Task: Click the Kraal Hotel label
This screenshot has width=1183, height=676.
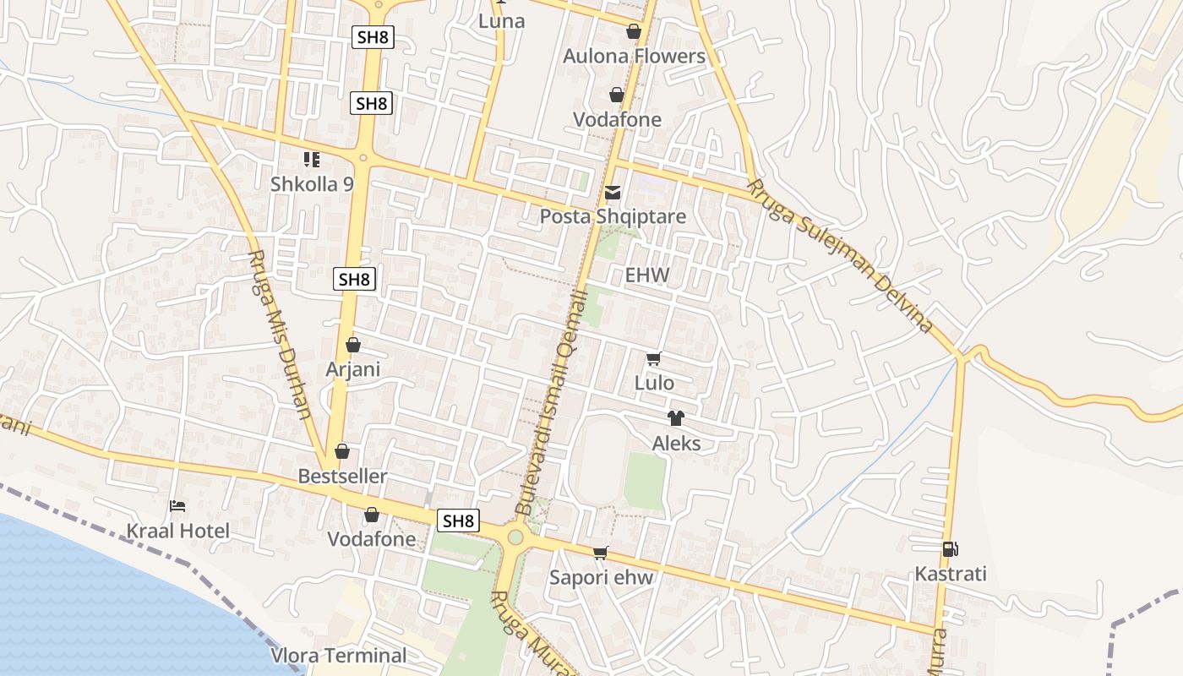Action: [x=177, y=531]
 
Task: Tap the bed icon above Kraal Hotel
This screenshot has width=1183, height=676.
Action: [x=177, y=506]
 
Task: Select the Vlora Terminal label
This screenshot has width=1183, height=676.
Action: [x=339, y=655]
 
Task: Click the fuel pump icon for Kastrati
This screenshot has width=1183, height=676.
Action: [x=950, y=549]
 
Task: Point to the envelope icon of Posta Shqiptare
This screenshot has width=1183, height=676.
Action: [x=613, y=194]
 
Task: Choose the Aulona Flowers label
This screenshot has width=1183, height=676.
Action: [x=634, y=57]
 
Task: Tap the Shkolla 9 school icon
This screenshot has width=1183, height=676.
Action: [x=311, y=159]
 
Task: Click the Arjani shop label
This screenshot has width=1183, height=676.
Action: [x=353, y=369]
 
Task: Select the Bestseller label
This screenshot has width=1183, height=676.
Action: [x=342, y=477]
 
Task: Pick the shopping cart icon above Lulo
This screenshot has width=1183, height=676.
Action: [x=653, y=359]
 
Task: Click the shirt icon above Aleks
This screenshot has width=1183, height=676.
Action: [x=675, y=417]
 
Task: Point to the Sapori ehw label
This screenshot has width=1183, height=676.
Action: [x=602, y=578]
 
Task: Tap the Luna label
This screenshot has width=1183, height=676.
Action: [x=502, y=21]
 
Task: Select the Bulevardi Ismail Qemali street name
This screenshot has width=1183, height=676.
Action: [x=552, y=401]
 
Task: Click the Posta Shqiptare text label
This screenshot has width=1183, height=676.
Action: [x=613, y=217]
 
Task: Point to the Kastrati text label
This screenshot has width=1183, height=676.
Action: [x=951, y=575]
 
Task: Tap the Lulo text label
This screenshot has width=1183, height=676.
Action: [x=654, y=383]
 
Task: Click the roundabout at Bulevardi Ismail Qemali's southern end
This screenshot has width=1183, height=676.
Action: [x=514, y=536]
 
